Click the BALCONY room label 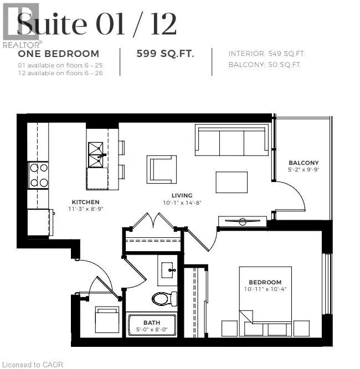pyautogui.click(x=304, y=163)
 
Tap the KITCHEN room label pyautogui.click(x=85, y=202)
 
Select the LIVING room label pyautogui.click(x=182, y=195)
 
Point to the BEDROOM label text pyautogui.click(x=265, y=282)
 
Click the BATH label pyautogui.click(x=152, y=322)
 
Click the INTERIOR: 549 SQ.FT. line pyautogui.click(x=266, y=54)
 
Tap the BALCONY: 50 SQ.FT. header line pyautogui.click(x=265, y=65)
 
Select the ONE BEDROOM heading pyautogui.click(x=59, y=54)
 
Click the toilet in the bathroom pyautogui.click(x=163, y=299)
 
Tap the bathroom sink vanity pyautogui.click(x=168, y=270)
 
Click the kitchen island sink pyautogui.click(x=97, y=150)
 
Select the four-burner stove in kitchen pyautogui.click(x=38, y=174)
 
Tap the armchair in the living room pyautogui.click(x=162, y=169)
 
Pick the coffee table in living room pyautogui.click(x=232, y=182)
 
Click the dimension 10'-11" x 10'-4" pyautogui.click(x=265, y=289)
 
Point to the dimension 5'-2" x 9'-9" pyautogui.click(x=304, y=170)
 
